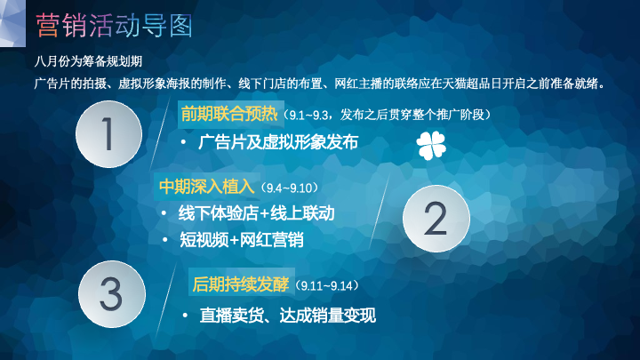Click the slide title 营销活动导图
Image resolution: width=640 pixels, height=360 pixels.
point(114,25)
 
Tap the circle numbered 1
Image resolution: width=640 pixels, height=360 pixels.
point(108,134)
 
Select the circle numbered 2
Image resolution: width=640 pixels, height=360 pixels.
point(436,219)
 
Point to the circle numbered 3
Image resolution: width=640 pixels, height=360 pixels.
point(111,294)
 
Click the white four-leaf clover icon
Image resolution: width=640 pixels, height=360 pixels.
point(431,145)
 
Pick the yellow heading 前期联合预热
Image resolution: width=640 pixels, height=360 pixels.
point(229,115)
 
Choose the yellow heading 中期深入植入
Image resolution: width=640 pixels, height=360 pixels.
point(207,187)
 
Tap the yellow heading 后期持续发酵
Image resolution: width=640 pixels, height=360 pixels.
point(240,284)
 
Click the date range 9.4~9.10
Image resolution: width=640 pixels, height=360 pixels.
point(289,188)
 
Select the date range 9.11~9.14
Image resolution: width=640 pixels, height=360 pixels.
point(326,285)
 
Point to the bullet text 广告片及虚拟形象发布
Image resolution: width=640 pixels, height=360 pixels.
point(278,142)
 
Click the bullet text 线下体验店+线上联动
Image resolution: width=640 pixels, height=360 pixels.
point(256,213)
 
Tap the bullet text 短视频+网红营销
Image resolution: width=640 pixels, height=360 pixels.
point(242,240)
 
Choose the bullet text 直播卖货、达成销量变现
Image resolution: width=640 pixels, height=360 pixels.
point(288,316)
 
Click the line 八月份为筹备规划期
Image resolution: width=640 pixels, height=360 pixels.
point(88,61)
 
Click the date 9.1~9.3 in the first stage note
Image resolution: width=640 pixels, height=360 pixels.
point(308,116)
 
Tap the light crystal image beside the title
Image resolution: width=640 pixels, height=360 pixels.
point(12,23)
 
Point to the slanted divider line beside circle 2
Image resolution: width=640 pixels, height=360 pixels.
point(380,212)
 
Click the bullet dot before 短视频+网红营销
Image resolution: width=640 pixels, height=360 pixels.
point(165,240)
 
